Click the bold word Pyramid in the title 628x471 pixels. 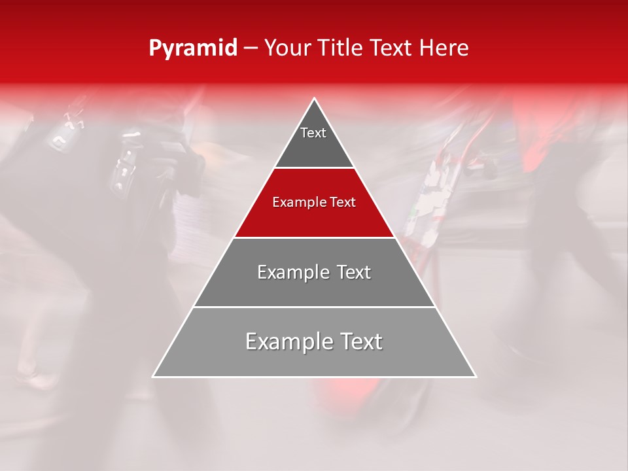pyautogui.click(x=192, y=48)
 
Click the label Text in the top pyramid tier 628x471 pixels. pyautogui.click(x=313, y=133)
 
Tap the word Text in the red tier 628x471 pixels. pyautogui.click(x=341, y=203)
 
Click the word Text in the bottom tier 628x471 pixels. pyautogui.click(x=362, y=341)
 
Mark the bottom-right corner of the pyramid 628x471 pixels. pyautogui.click(x=476, y=377)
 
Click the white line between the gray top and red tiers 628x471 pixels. pyautogui.click(x=315, y=168)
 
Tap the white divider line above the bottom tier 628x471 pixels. pyautogui.click(x=315, y=307)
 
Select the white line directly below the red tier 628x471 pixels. pyautogui.click(x=315, y=237)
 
